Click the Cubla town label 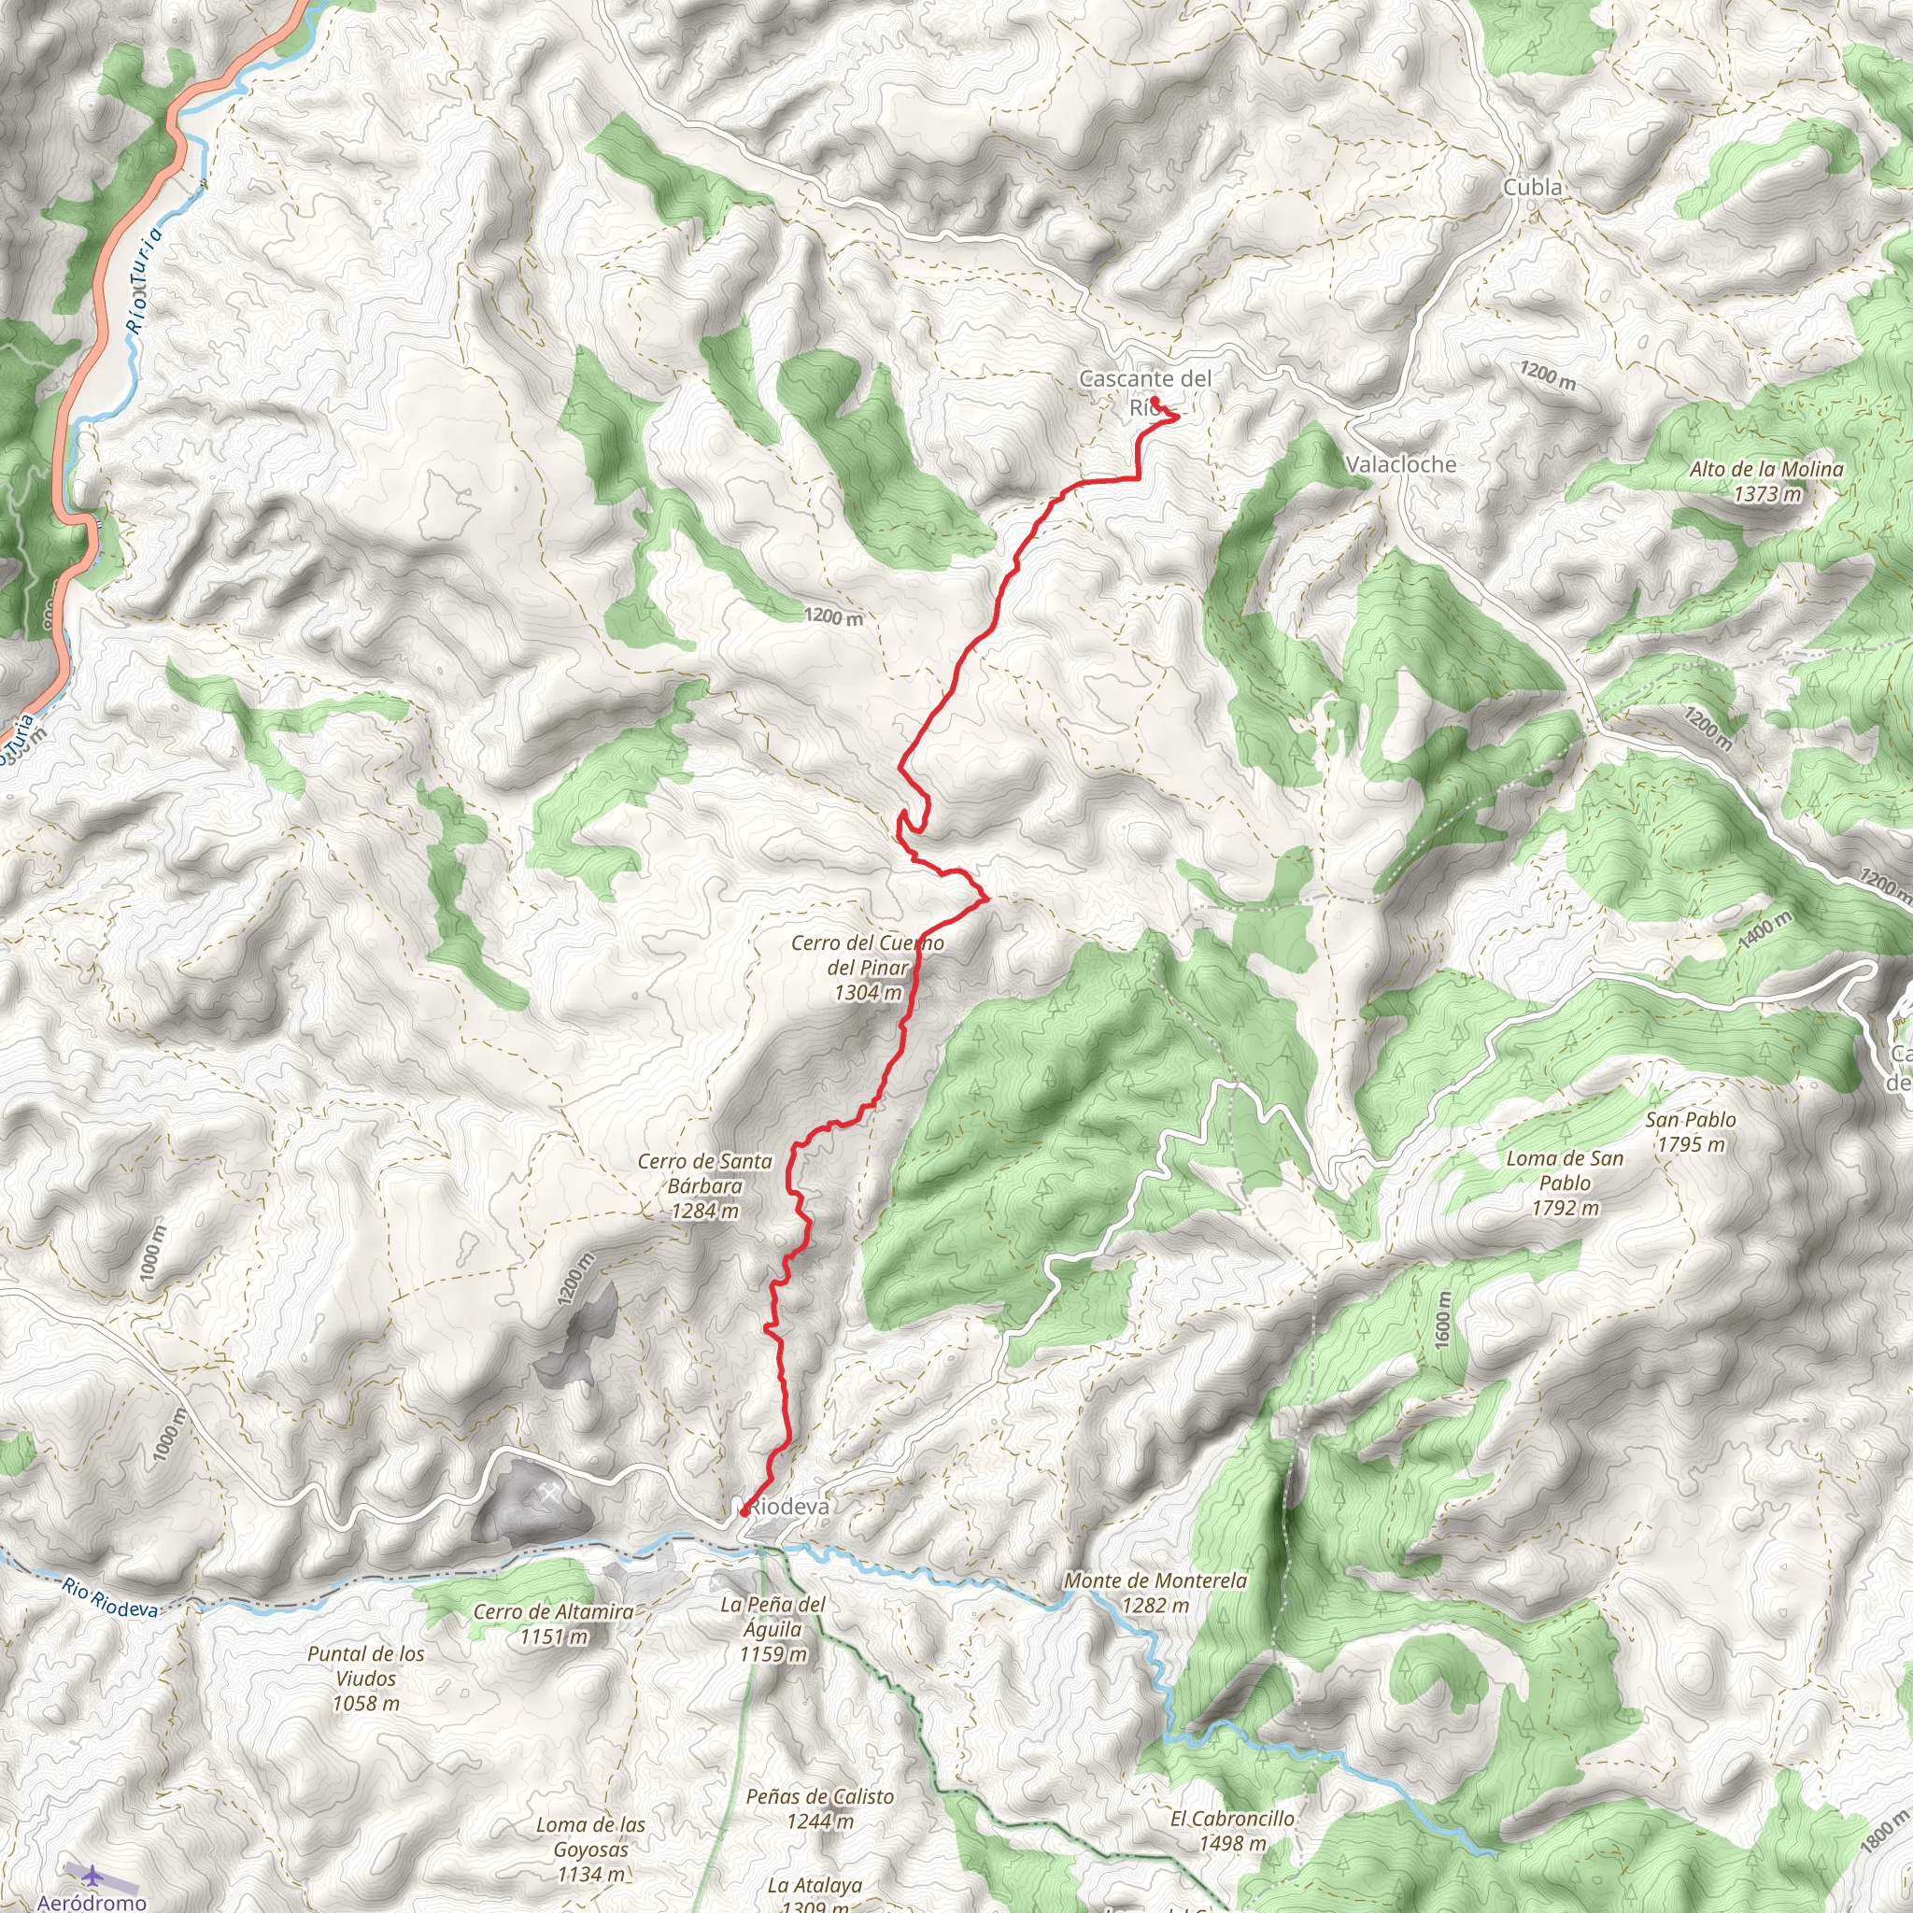[x=1532, y=187]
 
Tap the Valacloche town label [x=1401, y=464]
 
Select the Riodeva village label [x=789, y=1506]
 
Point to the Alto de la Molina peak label [x=1766, y=481]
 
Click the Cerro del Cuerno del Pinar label [x=868, y=968]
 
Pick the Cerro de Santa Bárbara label [x=704, y=1185]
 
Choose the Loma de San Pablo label [x=1565, y=1183]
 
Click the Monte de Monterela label [x=1155, y=1594]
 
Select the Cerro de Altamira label [x=554, y=1623]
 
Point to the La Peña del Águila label [x=772, y=1629]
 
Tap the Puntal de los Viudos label [x=365, y=1679]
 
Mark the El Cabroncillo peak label [x=1232, y=1831]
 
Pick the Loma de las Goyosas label [x=590, y=1849]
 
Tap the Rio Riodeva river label [x=109, y=1598]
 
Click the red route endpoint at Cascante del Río [x=1155, y=401]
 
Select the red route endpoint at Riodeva [x=743, y=1512]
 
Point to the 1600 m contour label [x=1441, y=1319]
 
